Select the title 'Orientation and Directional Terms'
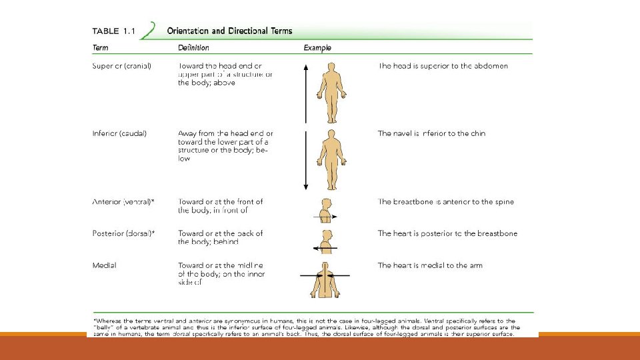point(229,31)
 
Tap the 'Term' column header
point(101,48)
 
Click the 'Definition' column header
point(193,48)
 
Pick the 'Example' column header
point(317,48)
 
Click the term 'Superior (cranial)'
point(122,66)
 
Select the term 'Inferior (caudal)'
point(119,133)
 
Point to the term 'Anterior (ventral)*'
point(123,202)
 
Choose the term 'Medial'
point(104,265)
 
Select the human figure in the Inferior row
point(331,160)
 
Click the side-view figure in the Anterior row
point(326,210)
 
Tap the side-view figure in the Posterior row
point(326,241)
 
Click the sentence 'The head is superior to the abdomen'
point(443,66)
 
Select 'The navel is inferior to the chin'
point(431,133)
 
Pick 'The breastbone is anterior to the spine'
point(445,202)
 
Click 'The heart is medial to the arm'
point(430,265)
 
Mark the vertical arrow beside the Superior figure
point(305,93)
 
